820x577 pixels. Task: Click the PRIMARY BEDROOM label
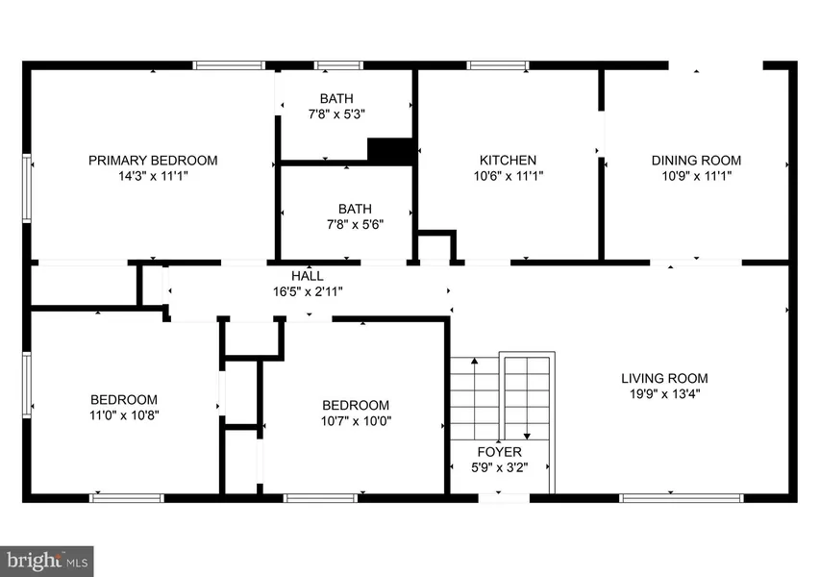153,161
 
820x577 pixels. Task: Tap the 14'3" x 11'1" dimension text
153,176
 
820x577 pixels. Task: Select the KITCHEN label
508,161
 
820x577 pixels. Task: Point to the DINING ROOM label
696,161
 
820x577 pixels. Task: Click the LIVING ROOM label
664,378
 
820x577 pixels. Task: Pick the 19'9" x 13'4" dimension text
664,394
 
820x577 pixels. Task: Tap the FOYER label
500,452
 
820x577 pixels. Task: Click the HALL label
308,276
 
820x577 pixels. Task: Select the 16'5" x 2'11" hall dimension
308,291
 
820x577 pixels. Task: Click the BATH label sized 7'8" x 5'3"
336,99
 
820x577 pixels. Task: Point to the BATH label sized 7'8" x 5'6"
355,210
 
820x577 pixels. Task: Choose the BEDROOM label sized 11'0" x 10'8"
124,400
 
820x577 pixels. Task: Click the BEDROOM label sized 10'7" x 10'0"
356,406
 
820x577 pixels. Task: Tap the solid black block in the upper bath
390,152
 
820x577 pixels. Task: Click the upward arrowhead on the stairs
474,361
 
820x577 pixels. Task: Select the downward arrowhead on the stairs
527,437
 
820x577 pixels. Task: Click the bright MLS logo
47,562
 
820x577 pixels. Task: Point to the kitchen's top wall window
498,65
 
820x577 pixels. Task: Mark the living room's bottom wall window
681,498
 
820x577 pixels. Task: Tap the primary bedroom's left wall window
27,188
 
